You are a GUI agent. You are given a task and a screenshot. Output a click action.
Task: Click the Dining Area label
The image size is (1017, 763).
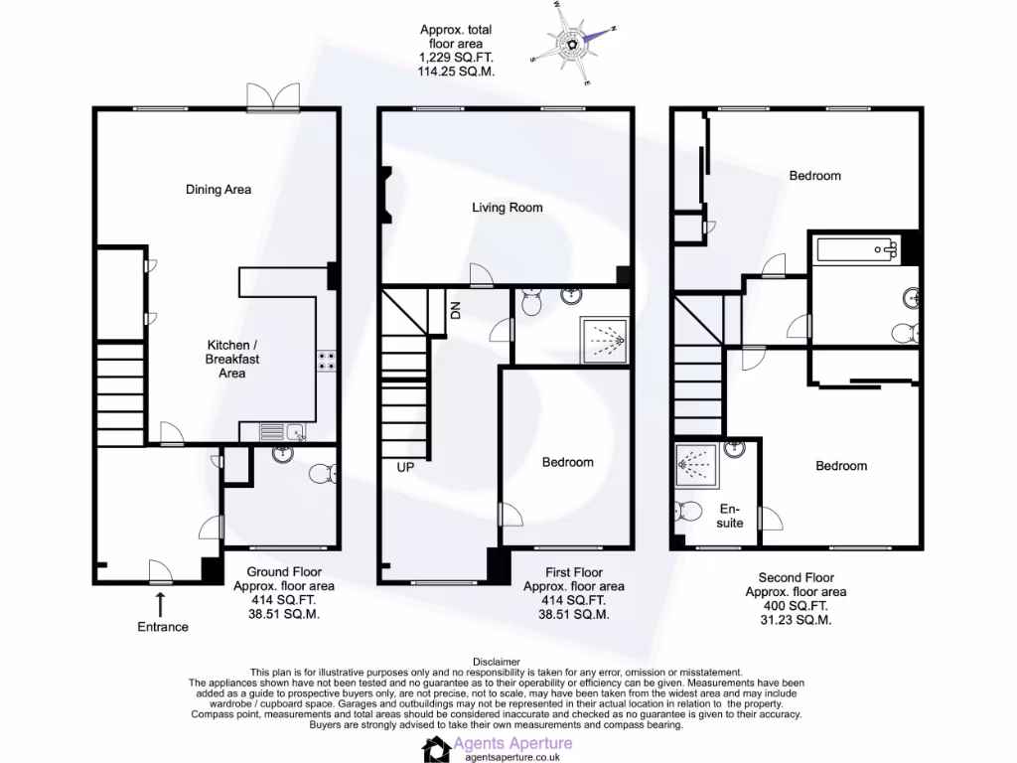click(x=218, y=190)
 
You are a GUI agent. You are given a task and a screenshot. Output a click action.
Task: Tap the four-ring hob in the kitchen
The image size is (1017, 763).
click(x=325, y=362)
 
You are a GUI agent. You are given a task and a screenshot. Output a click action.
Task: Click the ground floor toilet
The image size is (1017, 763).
click(x=322, y=475)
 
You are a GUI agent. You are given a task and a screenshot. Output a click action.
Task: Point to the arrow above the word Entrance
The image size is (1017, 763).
click(x=161, y=602)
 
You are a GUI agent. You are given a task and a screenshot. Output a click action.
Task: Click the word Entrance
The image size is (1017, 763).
click(x=162, y=627)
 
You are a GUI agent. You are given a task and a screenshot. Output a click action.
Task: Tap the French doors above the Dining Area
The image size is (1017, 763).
click(x=272, y=96)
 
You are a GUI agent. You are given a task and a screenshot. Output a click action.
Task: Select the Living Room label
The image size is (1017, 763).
click(x=507, y=208)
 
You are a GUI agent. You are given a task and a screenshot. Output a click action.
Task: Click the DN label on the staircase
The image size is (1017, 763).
click(x=456, y=310)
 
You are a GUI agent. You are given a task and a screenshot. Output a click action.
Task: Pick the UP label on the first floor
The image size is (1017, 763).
click(x=405, y=467)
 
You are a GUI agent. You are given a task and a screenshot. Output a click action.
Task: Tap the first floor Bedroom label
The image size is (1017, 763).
click(x=567, y=462)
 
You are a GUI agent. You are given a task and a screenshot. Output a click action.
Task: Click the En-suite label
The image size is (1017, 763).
click(x=730, y=516)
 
